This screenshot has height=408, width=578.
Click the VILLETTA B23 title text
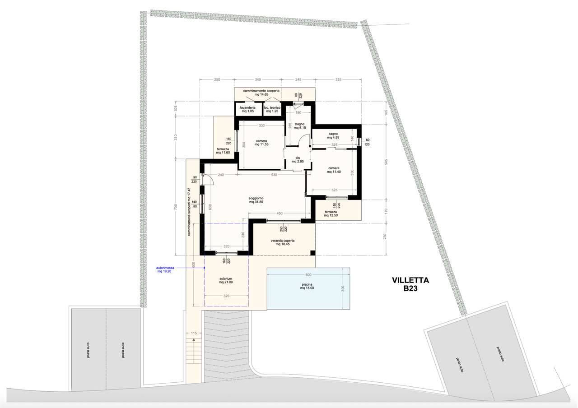tap(410, 284)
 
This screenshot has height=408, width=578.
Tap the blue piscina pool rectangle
tap(308, 288)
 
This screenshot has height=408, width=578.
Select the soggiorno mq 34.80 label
tap(256, 200)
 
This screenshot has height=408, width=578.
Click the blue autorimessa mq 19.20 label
tap(165, 269)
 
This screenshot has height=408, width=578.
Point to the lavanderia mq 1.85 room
tap(248, 109)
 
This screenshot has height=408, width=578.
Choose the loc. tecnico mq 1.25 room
tap(272, 109)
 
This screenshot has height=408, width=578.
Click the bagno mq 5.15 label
tap(299, 126)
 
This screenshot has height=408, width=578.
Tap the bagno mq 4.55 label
tap(333, 136)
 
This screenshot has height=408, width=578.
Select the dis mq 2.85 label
tap(298, 160)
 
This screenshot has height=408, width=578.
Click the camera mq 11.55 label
tap(261, 143)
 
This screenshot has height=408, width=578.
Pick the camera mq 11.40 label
tap(334, 170)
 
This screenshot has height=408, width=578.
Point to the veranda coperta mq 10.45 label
tap(283, 242)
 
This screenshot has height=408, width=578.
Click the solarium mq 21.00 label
tap(226, 280)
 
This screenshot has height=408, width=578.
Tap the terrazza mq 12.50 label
tap(331, 213)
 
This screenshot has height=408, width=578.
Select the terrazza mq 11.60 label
tap(223, 151)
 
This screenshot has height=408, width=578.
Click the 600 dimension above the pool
tap(308, 275)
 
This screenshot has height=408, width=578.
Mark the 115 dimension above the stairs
tap(194, 333)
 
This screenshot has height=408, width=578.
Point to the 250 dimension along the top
tap(217, 79)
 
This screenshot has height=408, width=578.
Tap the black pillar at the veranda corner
tap(312, 253)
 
